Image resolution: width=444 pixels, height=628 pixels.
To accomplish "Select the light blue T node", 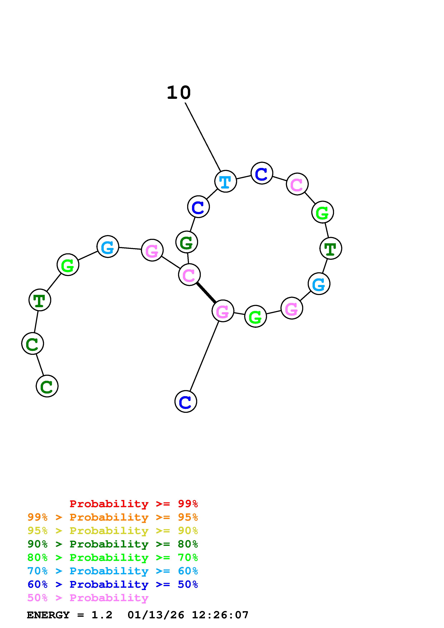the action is pyautogui.click(x=225, y=181).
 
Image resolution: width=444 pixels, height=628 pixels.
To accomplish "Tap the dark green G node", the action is pyautogui.click(x=187, y=242).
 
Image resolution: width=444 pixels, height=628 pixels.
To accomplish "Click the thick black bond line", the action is pyautogui.click(x=206, y=293).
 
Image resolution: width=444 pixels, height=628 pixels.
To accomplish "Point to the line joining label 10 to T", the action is pyautogui.click(x=203, y=137).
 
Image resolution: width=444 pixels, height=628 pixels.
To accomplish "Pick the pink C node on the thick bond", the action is pyautogui.click(x=189, y=275).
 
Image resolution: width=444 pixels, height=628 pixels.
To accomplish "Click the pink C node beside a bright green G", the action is pyautogui.click(x=297, y=184).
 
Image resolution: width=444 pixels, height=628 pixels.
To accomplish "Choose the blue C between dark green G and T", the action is pyautogui.click(x=198, y=207).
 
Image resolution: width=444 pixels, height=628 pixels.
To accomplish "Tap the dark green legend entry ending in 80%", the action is pyautogui.click(x=112, y=544).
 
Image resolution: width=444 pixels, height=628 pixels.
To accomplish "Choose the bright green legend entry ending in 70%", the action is pyautogui.click(x=112, y=557).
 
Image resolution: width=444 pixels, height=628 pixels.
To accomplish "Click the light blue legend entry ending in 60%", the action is pyautogui.click(x=112, y=571).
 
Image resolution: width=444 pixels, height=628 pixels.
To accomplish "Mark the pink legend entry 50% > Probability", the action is pyautogui.click(x=88, y=598).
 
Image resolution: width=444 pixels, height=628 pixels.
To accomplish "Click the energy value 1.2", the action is pyautogui.click(x=102, y=615).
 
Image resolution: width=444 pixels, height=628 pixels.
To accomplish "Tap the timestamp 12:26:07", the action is pyautogui.click(x=220, y=615).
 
